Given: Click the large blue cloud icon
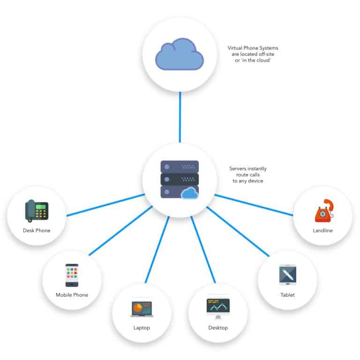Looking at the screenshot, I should tap(180, 55).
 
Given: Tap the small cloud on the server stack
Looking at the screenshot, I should tap(190, 193).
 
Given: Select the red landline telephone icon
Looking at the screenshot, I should tap(323, 210).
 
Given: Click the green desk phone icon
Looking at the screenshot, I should tap(37, 210).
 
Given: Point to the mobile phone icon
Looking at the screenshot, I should tap(72, 275).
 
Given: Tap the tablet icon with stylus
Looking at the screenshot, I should tap(287, 275).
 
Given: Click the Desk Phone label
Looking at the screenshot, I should tap(37, 231).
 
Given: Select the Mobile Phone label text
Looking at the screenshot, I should tap(72, 295).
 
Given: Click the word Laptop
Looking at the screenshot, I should tap(142, 328).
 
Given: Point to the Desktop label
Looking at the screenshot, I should tap(218, 328).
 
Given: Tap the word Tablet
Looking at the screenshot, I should tap(287, 295).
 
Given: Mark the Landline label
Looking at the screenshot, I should tap(323, 231).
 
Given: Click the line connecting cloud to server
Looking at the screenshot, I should tap(180, 117).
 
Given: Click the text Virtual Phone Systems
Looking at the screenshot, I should tap(253, 48).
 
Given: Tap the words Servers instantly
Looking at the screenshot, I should tap(248, 168).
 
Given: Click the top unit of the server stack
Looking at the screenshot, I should tap(180, 166).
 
